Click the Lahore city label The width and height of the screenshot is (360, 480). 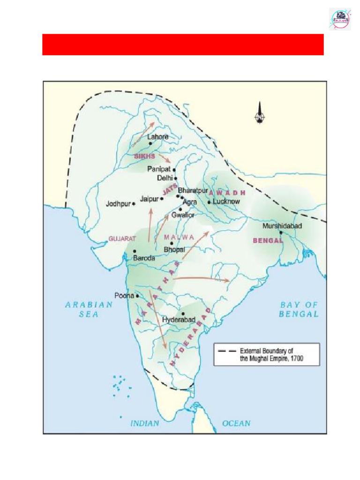coord(157,137)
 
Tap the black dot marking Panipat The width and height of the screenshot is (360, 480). coord(174,170)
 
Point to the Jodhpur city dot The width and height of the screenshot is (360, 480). coord(134,204)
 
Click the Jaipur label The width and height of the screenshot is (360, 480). coord(149,199)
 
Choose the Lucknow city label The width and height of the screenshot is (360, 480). coord(226,202)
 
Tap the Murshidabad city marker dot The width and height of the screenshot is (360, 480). coord(281,232)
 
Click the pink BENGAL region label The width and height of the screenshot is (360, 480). coord(268,240)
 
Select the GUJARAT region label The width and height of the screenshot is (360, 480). coord(122,239)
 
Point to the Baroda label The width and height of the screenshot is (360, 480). coord(144,258)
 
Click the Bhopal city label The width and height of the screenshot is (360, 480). coord(174,250)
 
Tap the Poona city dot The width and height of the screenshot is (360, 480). coord(137,296)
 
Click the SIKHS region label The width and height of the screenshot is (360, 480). coord(144,156)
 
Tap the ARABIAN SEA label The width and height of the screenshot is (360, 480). coord(89,309)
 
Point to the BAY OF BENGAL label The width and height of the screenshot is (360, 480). coord(299,309)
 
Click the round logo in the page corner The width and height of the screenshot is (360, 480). coord(340,19)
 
